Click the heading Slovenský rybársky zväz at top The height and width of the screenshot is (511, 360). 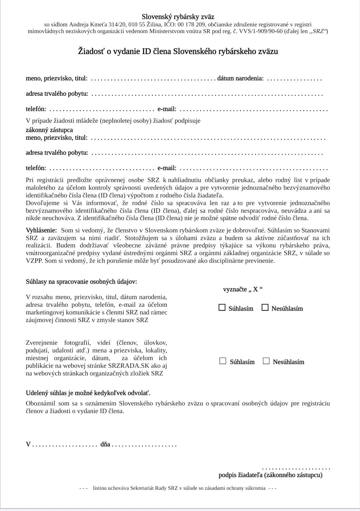tap(178, 17)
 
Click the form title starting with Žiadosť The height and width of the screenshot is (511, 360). tap(178, 51)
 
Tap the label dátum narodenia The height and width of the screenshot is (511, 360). tap(240, 79)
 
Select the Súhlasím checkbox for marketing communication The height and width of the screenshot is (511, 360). tap(222, 308)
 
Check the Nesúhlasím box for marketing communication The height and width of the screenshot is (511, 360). tap(265, 308)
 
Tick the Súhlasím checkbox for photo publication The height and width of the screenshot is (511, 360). tap(223, 361)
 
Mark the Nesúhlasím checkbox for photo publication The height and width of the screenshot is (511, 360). tap(266, 361)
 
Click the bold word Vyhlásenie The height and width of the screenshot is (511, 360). tap(41, 230)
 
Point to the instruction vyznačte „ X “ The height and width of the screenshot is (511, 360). tap(243, 289)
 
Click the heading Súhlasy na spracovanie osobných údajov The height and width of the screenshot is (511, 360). tap(81, 282)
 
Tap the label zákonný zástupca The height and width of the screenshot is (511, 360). tap(49, 130)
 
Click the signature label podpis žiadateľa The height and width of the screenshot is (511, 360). tap(270, 475)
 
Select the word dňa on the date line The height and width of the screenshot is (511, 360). tap(105, 444)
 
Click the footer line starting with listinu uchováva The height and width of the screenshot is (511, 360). tap(179, 488)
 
